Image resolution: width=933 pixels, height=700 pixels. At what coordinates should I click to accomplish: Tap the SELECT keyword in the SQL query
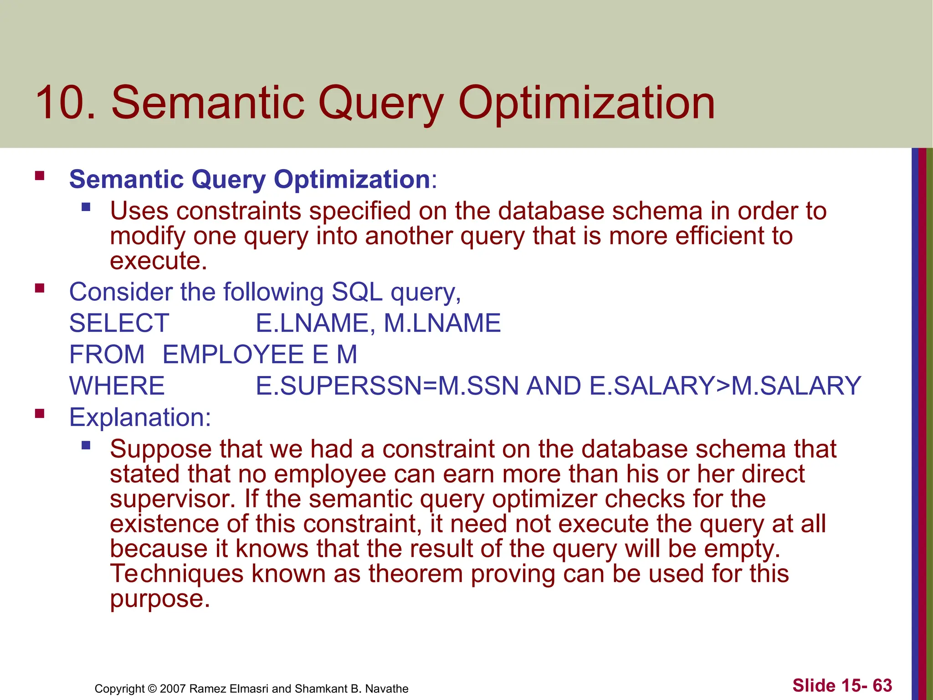click(119, 323)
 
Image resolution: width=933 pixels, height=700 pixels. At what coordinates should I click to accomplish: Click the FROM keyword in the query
click(107, 355)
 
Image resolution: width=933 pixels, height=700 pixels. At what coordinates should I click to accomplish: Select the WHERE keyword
click(117, 386)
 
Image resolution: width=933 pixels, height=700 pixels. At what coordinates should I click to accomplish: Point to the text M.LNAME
click(442, 323)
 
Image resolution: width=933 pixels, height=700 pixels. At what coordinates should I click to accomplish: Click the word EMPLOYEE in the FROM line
click(233, 355)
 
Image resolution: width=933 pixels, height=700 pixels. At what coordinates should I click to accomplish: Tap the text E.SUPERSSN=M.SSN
click(387, 386)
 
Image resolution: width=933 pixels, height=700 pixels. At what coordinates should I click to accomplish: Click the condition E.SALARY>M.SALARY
click(725, 386)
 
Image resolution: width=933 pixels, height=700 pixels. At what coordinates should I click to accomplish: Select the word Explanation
click(139, 417)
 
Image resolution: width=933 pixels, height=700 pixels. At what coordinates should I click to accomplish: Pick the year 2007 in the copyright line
click(172, 689)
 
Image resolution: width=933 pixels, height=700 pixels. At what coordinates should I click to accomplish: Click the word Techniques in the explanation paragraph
click(177, 573)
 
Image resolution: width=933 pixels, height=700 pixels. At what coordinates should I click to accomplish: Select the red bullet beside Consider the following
click(40, 288)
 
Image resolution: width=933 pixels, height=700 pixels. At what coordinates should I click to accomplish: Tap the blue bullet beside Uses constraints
click(86, 208)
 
